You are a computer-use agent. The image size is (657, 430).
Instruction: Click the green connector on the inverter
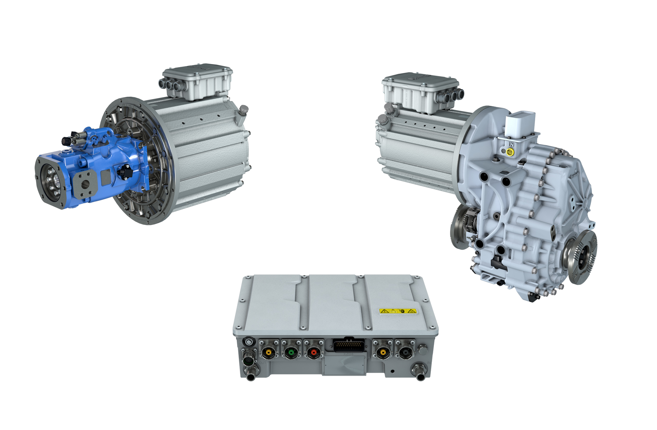[x=291, y=352]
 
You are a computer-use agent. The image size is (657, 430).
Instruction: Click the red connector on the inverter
[x=313, y=352]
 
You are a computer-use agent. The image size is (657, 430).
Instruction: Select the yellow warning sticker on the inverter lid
[x=398, y=311]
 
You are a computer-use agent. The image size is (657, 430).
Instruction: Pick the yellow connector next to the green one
[x=269, y=352]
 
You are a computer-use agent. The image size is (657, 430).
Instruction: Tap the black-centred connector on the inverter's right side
[x=405, y=352]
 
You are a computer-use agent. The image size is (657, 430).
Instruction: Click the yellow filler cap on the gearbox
[x=510, y=151]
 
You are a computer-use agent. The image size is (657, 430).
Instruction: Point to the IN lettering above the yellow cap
[x=511, y=144]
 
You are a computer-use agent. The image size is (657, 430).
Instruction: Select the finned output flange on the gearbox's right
[x=581, y=257]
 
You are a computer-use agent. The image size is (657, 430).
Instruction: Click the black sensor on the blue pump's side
[x=125, y=172]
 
